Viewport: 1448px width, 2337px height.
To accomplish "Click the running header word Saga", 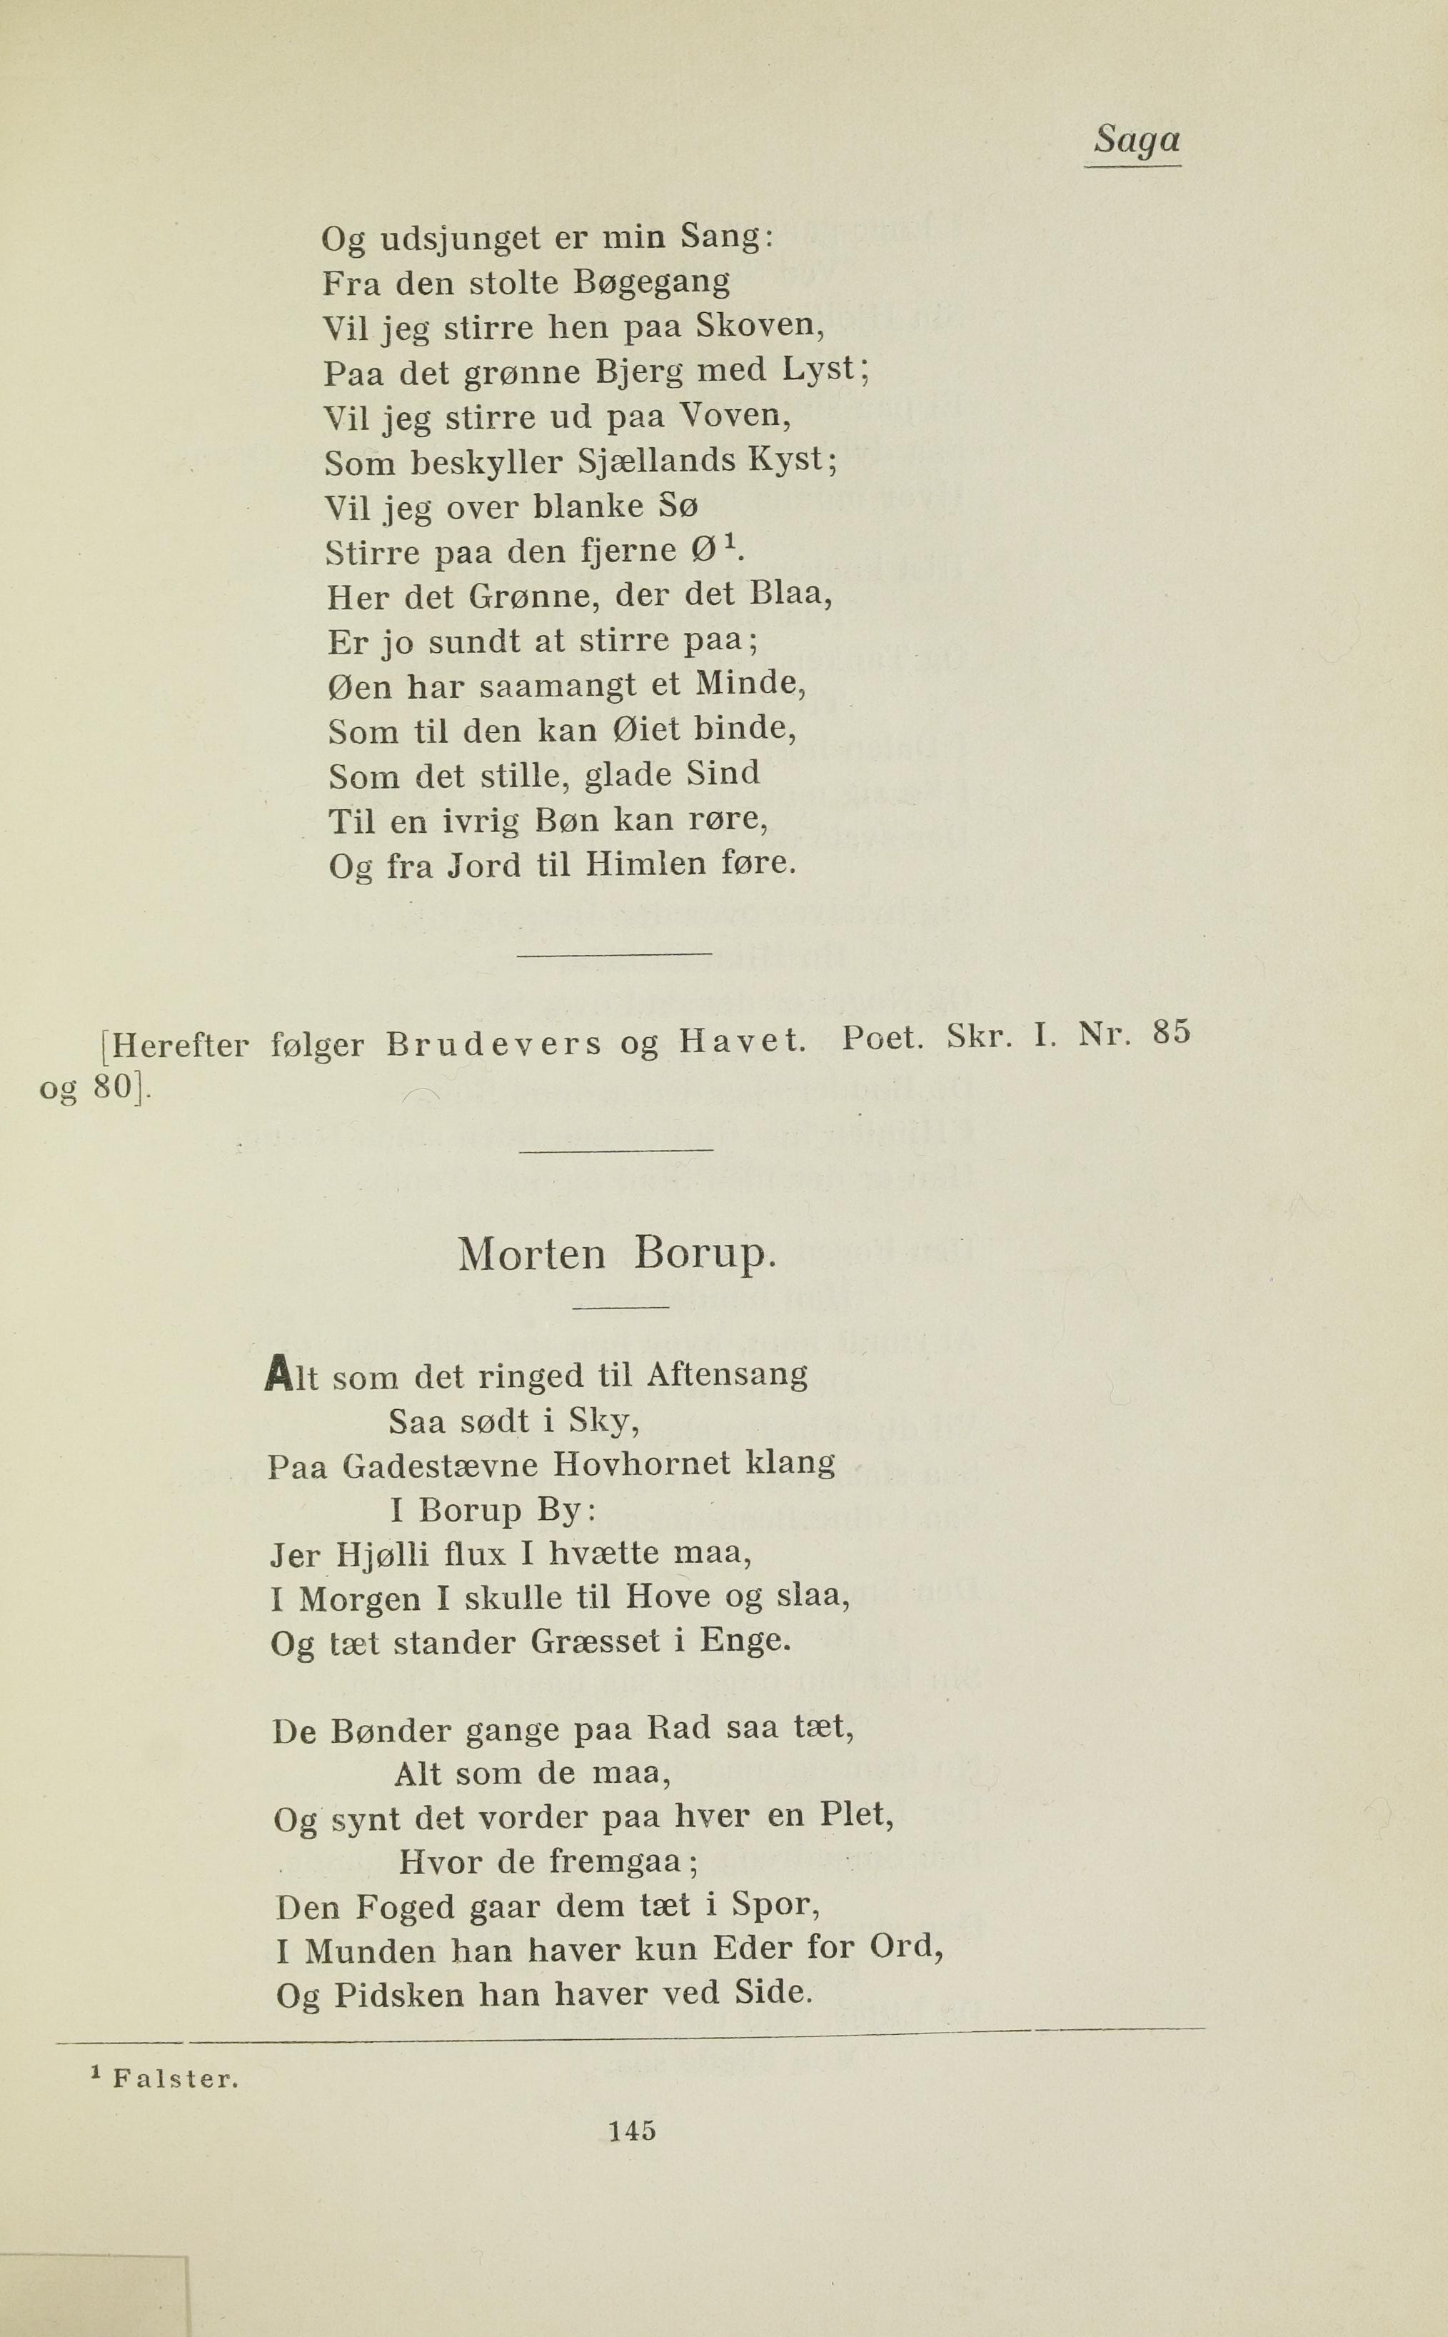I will [x=1137, y=140].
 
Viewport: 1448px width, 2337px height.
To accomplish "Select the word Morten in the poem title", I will [x=531, y=1255].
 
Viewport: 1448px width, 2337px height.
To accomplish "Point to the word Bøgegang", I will [x=651, y=284].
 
